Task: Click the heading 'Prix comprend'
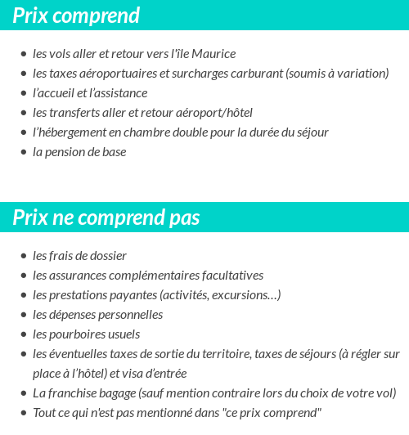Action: click(76, 16)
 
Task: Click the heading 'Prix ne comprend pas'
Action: click(106, 218)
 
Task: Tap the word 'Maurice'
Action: click(213, 54)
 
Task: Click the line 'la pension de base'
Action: click(79, 152)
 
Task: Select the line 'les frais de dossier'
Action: click(79, 256)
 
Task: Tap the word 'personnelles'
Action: click(131, 315)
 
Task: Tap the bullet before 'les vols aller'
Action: click(23, 55)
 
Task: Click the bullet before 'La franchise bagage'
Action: click(23, 394)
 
